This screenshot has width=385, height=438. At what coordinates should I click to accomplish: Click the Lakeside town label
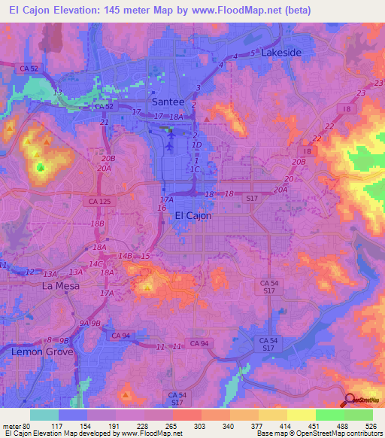point(281,53)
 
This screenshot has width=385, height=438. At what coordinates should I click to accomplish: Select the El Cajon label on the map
point(192,215)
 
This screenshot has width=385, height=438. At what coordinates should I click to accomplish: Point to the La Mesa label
point(60,286)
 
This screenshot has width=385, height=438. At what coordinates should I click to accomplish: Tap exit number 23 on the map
point(361,93)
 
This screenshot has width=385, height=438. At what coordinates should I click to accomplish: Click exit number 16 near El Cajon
point(162,208)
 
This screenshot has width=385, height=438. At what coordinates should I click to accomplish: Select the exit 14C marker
point(95,264)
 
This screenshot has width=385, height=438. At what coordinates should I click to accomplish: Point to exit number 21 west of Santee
point(105,122)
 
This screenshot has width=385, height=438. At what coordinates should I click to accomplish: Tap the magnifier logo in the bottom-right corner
point(350,400)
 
